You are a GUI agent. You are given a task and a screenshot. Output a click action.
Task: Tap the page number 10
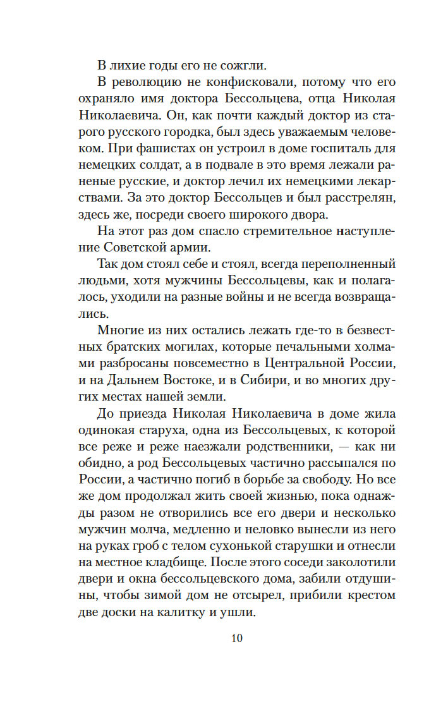point(236,638)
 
